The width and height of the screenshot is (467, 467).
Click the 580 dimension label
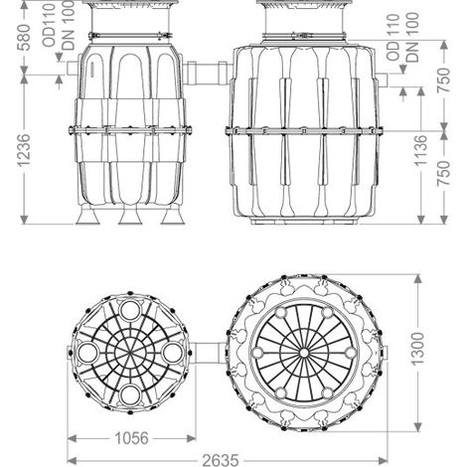click(25, 37)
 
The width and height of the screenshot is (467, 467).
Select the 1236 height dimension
click(25, 150)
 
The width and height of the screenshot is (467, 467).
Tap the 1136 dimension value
click(421, 150)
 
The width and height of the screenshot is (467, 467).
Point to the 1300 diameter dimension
click(417, 349)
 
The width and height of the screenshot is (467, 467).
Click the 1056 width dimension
click(131, 438)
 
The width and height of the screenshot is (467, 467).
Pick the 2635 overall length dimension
click(221, 460)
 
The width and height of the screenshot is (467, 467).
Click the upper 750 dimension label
click(444, 79)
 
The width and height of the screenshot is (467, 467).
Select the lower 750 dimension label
click(444, 173)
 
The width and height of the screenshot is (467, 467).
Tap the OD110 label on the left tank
click(50, 25)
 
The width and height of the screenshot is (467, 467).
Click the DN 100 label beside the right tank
click(412, 37)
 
